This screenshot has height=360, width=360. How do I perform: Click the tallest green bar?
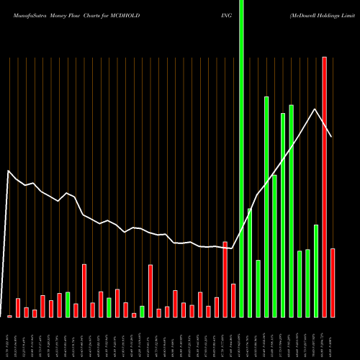(x=241, y=158)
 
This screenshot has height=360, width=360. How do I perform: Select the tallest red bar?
(x=324, y=187)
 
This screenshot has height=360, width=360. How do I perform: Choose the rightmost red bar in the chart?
(x=333, y=282)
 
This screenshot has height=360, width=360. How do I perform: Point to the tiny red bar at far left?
(x=10, y=316)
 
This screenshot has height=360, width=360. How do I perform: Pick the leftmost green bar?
(x=68, y=305)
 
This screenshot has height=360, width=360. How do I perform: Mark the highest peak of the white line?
(x=315, y=109)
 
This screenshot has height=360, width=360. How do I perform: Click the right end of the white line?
(x=332, y=136)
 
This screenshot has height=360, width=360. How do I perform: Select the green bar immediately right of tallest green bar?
(x=250, y=263)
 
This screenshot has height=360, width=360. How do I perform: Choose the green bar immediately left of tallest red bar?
(x=316, y=271)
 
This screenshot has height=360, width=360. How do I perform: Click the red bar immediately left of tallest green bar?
(x=233, y=300)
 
